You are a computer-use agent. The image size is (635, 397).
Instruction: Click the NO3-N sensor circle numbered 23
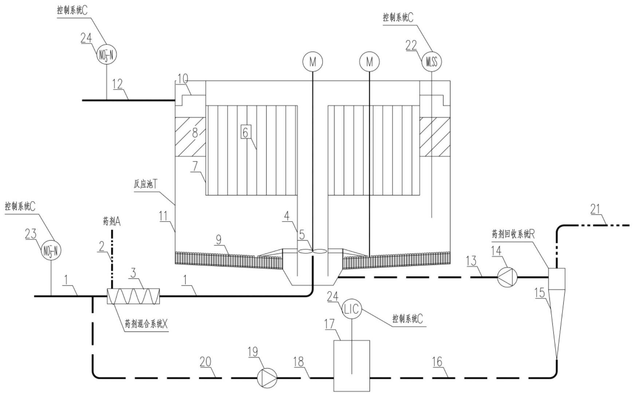tap(51, 251)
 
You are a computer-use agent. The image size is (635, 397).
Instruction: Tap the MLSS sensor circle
tap(431, 62)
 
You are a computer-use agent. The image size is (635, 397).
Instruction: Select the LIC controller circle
tap(352, 309)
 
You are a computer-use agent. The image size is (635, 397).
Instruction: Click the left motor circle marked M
tap(313, 62)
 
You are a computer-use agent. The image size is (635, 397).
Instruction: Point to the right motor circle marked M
tap(370, 62)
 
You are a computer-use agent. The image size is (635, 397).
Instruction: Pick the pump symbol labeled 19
tap(267, 378)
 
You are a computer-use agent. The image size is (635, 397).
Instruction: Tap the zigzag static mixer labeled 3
tap(134, 296)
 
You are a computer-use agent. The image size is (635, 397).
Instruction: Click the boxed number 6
tap(245, 132)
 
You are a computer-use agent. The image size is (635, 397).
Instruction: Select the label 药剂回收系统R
tap(513, 234)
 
